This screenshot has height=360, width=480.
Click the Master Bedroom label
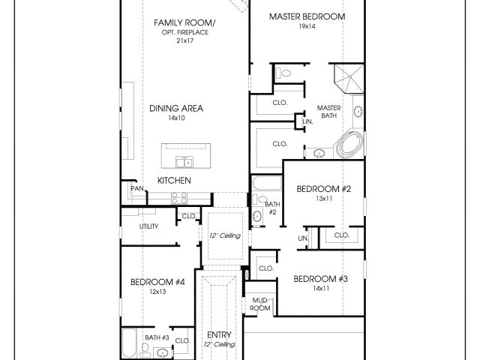click(x=307, y=16)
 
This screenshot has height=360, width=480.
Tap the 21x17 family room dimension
click(x=185, y=40)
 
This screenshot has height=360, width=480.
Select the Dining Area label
click(x=176, y=108)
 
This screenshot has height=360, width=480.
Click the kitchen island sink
click(x=184, y=162)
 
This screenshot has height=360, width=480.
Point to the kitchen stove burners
click(x=179, y=198)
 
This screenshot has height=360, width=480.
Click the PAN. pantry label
click(x=137, y=188)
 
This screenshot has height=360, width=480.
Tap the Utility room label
click(x=148, y=226)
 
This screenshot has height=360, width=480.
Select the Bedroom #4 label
click(x=157, y=282)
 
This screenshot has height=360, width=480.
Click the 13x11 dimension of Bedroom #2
click(x=324, y=198)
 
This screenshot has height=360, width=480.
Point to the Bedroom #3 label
click(x=320, y=279)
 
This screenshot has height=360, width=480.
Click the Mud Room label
click(x=260, y=304)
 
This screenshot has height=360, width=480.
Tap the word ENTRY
click(x=219, y=334)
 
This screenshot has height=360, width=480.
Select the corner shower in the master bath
click(x=349, y=78)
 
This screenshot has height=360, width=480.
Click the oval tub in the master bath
click(x=350, y=145)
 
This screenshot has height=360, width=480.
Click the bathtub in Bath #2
click(x=267, y=183)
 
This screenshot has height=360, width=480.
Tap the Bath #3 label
click(x=157, y=337)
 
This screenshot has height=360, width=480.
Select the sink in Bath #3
click(x=161, y=353)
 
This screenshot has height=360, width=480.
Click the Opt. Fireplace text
click(x=185, y=32)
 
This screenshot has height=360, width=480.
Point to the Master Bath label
click(x=328, y=112)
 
